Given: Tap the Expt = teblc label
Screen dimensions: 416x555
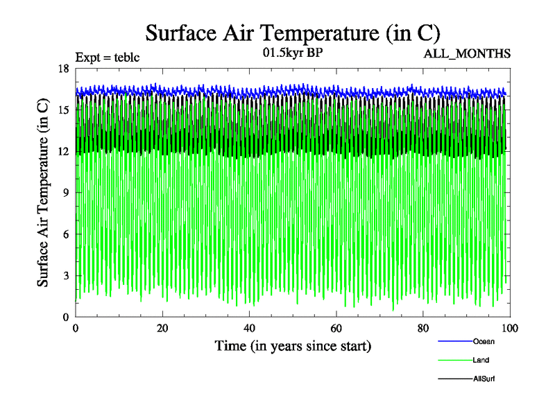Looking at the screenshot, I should click(x=108, y=58).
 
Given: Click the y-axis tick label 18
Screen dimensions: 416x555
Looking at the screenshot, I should click(x=63, y=68).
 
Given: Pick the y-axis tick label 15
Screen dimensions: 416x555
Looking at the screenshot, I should click(x=63, y=110).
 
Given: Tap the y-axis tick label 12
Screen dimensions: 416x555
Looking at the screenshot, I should click(x=63, y=151).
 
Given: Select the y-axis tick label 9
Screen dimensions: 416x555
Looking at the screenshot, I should click(x=65, y=193).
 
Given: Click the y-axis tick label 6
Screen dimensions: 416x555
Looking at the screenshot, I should click(x=65, y=234).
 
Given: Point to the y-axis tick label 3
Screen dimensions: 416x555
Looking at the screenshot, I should click(x=65, y=276).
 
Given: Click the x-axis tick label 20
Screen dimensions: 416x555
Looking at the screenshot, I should click(x=162, y=327).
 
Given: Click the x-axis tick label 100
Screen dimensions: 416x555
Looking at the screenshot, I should click(x=510, y=327).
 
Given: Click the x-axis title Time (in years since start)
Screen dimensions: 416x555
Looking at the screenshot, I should click(x=293, y=345).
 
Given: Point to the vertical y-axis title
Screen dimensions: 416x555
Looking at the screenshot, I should click(x=43, y=193).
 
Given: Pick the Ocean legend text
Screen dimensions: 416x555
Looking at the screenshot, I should click(x=484, y=341).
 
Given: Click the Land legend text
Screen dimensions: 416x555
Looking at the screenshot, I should click(x=481, y=360).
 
